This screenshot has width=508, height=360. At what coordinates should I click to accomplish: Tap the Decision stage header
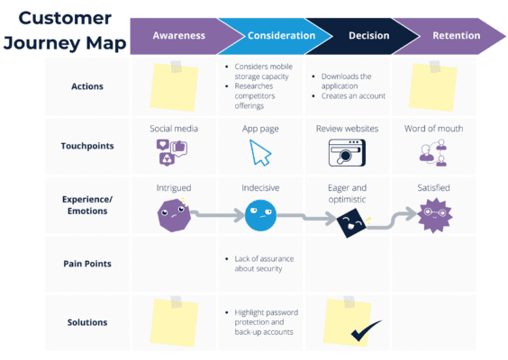(368, 36)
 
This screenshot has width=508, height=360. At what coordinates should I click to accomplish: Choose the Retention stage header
(455, 36)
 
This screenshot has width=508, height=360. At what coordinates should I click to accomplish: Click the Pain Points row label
(88, 263)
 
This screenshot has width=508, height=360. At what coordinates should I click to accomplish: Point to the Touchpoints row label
(88, 146)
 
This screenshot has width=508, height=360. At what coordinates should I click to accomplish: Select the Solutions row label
(88, 322)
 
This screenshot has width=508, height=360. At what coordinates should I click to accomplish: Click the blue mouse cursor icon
(260, 152)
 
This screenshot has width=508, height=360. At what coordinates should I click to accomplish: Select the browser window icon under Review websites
(347, 153)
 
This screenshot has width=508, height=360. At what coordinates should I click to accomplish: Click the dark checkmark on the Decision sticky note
(366, 332)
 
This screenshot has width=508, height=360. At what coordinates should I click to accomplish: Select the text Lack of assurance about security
(259, 263)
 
